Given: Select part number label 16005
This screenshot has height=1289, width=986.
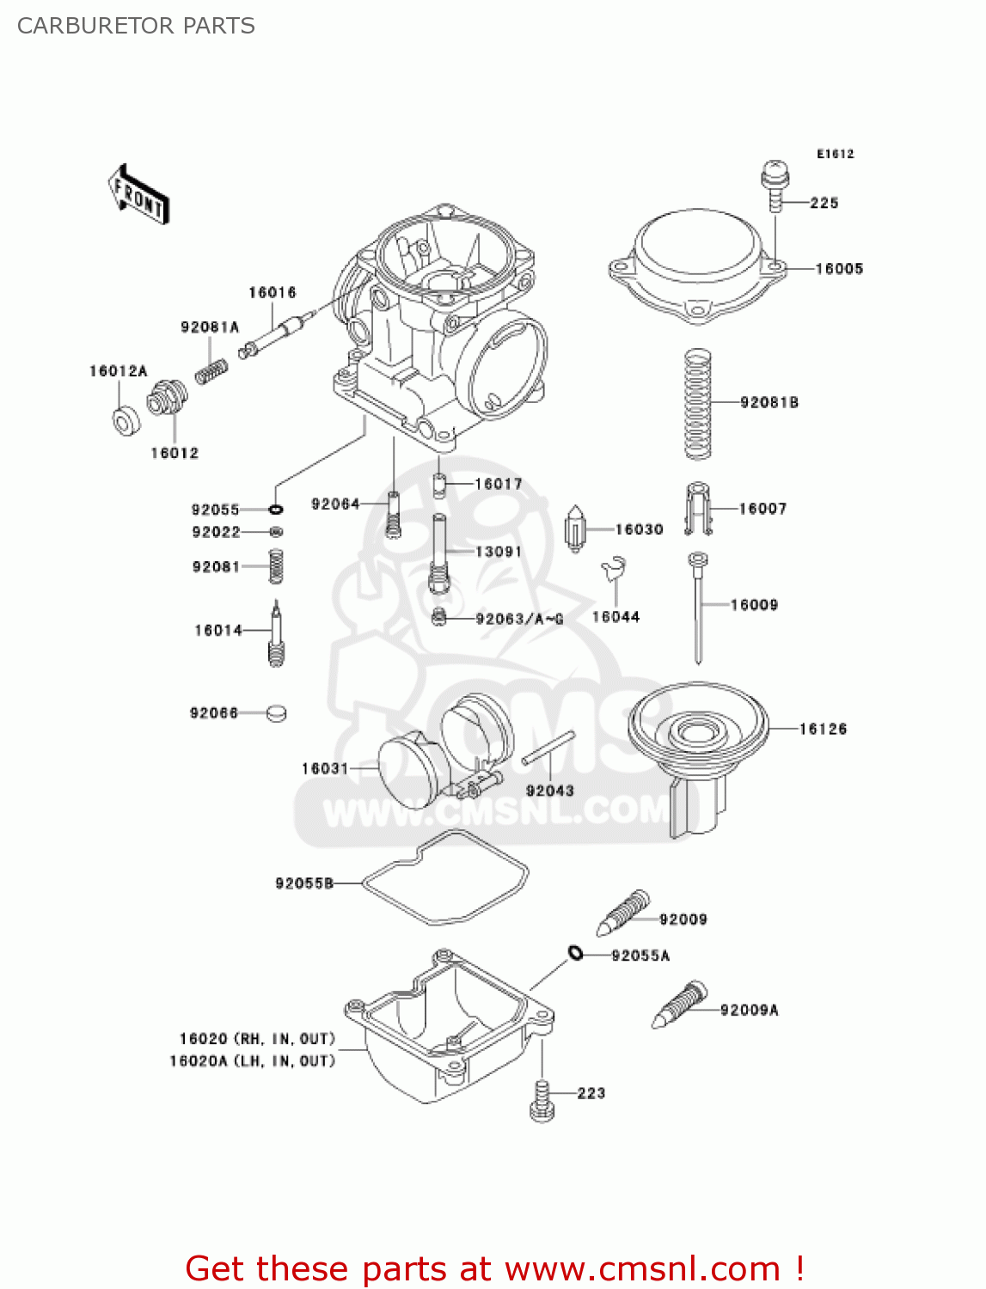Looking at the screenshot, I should coord(838,269).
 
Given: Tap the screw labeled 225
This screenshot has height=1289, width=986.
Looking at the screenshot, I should coord(775,184).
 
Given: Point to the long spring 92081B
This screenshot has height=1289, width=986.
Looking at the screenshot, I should coord(698,404).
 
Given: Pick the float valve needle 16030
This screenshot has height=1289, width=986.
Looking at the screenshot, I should coord(575,528).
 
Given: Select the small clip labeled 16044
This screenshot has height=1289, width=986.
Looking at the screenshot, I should coord(615,569).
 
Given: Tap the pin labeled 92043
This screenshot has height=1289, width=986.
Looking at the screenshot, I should coord(548,748).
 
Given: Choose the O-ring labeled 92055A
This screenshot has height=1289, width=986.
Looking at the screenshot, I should coord(575,952).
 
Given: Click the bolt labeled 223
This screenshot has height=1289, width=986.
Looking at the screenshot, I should coord(542,1099).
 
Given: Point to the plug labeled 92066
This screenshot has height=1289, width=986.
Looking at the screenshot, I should coord(276,712).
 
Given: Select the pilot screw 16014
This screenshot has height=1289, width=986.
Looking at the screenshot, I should coord(276,634).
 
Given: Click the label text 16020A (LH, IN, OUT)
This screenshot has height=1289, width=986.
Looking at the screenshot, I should coord(252,1061).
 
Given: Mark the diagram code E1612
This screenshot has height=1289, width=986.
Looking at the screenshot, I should coord(835,154).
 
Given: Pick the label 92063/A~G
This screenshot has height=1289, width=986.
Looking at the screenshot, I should coord(519,619).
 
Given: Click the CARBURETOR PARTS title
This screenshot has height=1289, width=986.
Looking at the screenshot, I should coord(136,26).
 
